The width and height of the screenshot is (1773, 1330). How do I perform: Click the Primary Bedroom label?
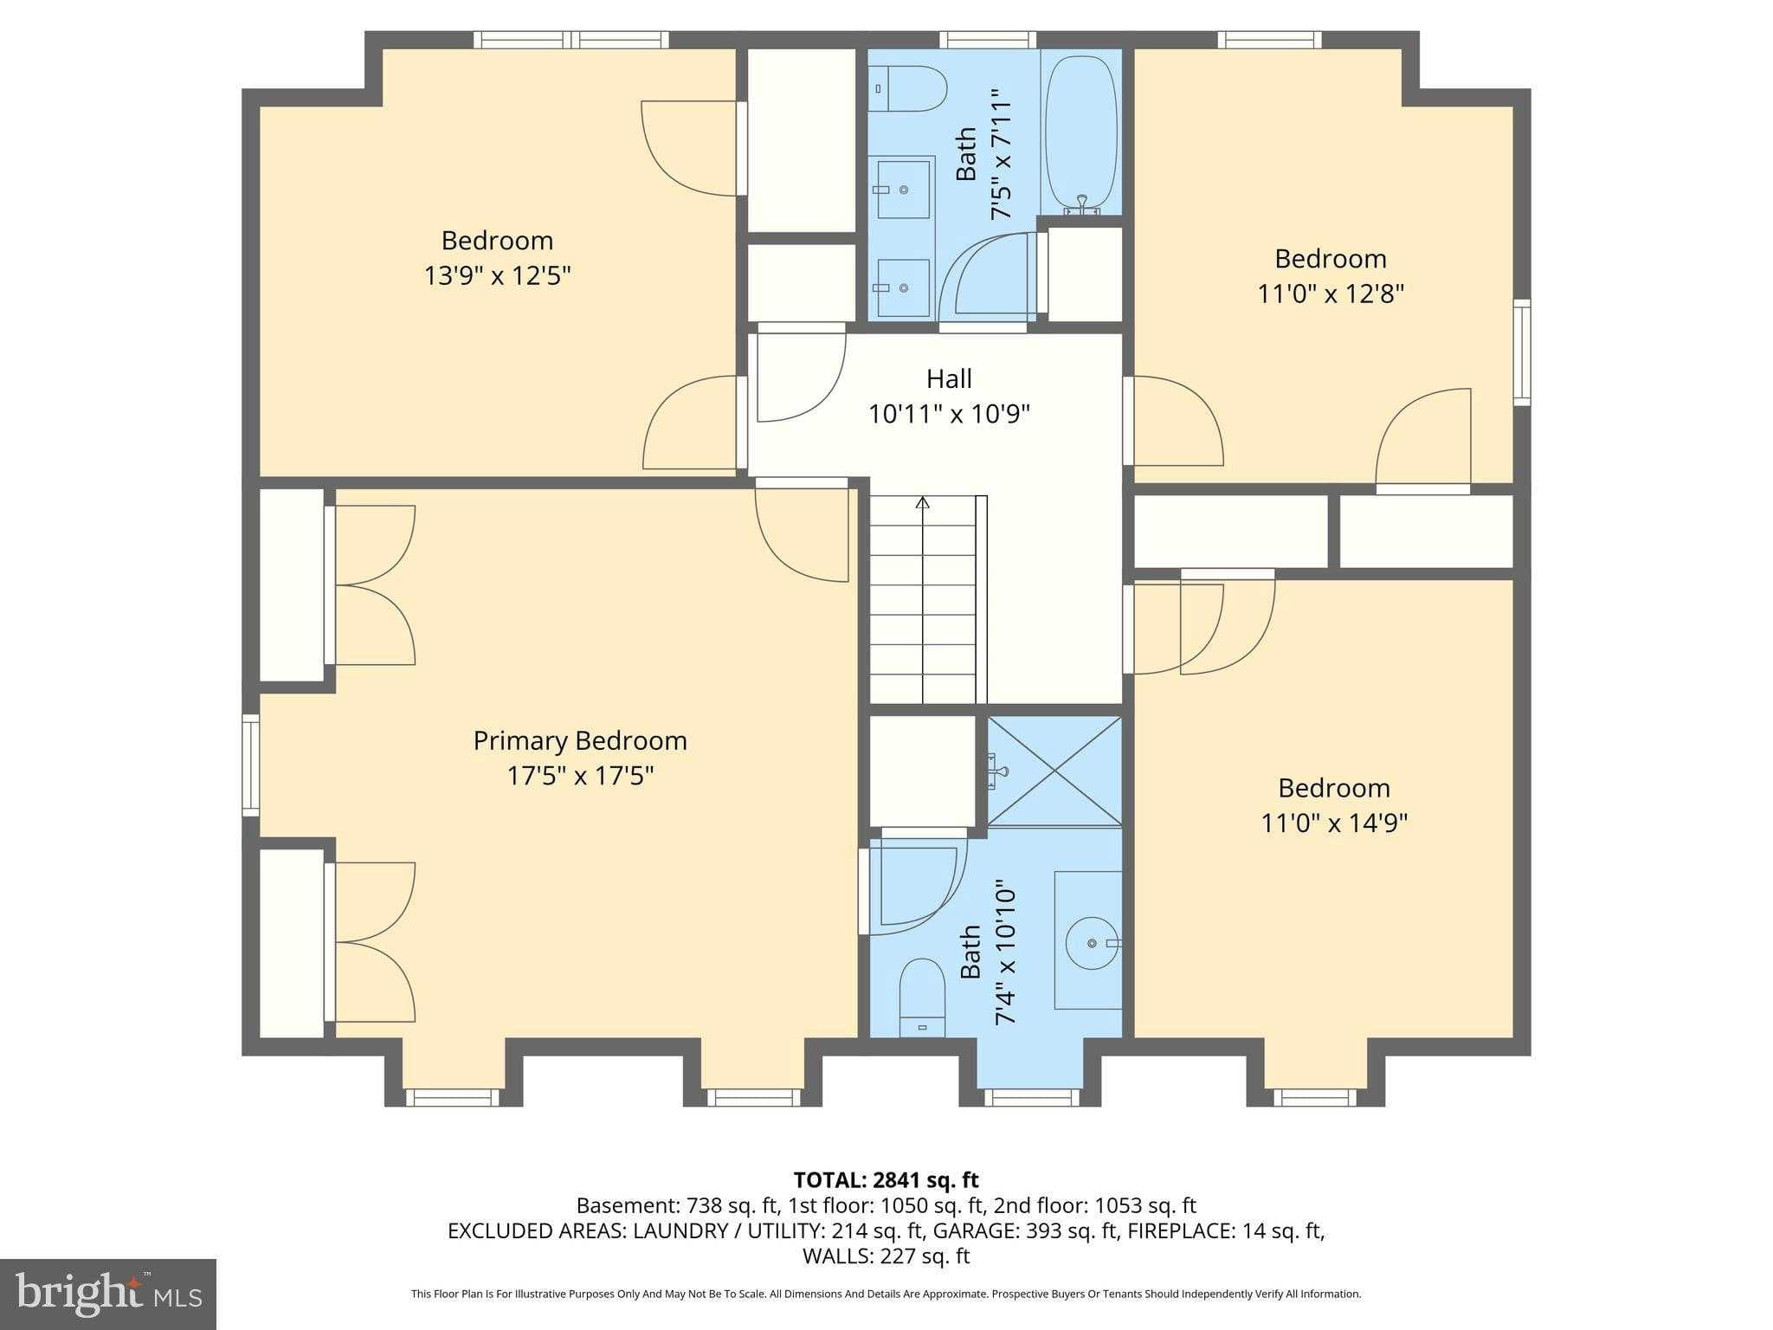[x=579, y=740]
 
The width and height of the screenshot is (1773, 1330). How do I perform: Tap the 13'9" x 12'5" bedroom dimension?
[x=497, y=275]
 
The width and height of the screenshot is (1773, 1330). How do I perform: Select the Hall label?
[x=949, y=378]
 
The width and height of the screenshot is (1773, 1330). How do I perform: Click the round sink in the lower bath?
[x=1093, y=942]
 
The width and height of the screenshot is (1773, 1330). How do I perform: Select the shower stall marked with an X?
[x=1054, y=771]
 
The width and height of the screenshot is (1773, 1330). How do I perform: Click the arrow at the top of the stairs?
[x=923, y=502]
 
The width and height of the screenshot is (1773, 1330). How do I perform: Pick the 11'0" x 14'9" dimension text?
[x=1333, y=823]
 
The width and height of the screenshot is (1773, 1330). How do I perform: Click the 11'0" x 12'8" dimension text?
[x=1330, y=294]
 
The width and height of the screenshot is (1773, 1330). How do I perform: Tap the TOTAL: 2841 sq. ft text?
[x=886, y=1179]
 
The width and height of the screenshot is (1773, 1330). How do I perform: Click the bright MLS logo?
[x=107, y=1294]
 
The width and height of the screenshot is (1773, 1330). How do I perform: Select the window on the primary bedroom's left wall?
[x=250, y=765]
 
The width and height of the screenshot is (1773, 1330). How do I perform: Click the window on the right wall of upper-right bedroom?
[x=1521, y=352]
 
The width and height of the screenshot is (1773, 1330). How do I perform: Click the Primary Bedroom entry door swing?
[x=801, y=533]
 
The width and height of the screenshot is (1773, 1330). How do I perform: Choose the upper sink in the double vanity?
[x=904, y=189]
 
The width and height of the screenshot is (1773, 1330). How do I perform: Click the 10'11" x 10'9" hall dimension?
[x=949, y=414]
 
